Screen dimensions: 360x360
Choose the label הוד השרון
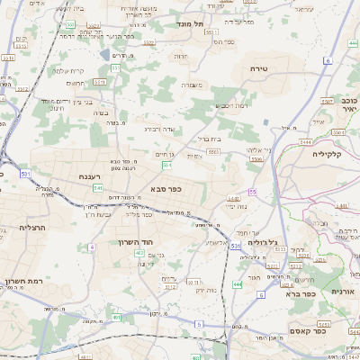(x=138, y=242)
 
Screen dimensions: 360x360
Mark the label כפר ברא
(x=301, y=293)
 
